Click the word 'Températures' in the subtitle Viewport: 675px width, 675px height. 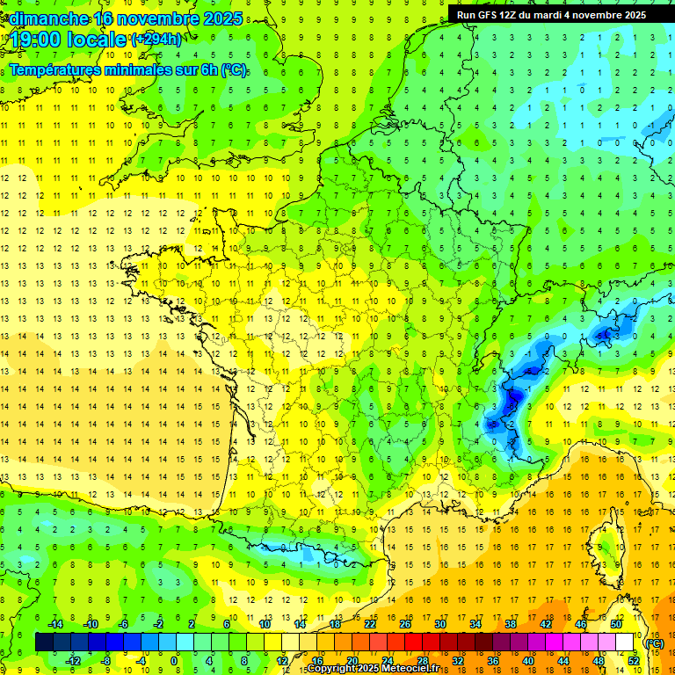(x=58, y=70)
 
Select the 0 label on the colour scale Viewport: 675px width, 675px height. (x=174, y=661)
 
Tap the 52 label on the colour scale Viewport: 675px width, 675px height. (x=634, y=661)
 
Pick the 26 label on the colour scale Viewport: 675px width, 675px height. (x=405, y=624)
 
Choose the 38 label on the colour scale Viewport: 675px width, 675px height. (x=511, y=624)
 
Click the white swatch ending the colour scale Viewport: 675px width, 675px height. (x=625, y=642)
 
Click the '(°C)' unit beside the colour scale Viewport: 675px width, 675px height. (x=655, y=642)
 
